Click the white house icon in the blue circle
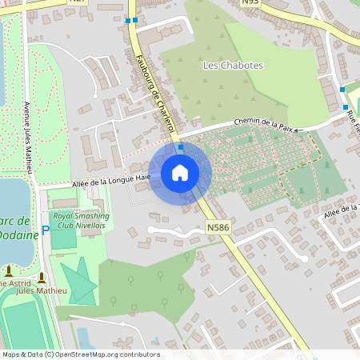point(180,172)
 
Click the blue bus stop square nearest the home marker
point(181,147)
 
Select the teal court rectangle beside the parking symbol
point(64,236)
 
